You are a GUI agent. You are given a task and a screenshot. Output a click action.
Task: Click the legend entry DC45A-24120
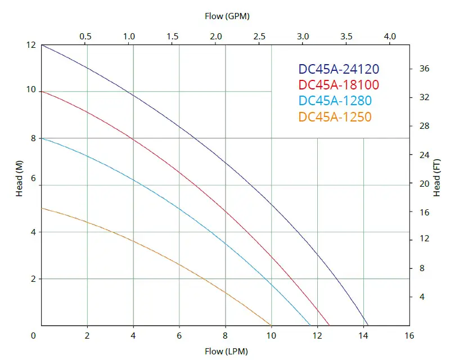[x=339, y=69]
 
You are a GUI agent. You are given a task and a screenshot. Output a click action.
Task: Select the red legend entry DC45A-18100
[x=339, y=85]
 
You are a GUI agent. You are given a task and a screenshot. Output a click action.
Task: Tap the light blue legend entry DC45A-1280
[x=335, y=101]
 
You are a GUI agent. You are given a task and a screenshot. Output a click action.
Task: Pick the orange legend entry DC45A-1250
[x=335, y=116]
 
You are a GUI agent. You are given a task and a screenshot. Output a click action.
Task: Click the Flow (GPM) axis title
[x=227, y=16]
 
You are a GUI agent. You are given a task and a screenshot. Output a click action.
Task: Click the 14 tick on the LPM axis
[x=363, y=336]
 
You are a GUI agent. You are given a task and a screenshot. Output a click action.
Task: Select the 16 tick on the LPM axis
[x=409, y=336]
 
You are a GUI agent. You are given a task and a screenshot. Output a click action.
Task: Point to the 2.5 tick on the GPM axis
[x=260, y=36]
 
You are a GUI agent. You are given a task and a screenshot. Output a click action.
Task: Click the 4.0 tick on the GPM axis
[x=390, y=36]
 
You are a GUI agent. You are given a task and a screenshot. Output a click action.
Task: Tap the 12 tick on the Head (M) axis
[x=30, y=45]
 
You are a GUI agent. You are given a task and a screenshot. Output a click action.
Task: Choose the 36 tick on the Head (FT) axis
[x=425, y=69]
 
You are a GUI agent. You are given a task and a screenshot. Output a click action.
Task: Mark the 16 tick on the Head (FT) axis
[x=425, y=212]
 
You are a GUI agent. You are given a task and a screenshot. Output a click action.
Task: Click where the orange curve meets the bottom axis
[x=271, y=325]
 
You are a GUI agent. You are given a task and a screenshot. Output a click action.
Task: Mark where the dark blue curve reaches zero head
[x=368, y=325]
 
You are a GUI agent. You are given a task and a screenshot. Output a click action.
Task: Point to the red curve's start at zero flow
[x=42, y=91]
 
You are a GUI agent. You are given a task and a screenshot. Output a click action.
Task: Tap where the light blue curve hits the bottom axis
[x=310, y=325]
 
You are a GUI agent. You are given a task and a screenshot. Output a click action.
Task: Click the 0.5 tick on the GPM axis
[x=85, y=36]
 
